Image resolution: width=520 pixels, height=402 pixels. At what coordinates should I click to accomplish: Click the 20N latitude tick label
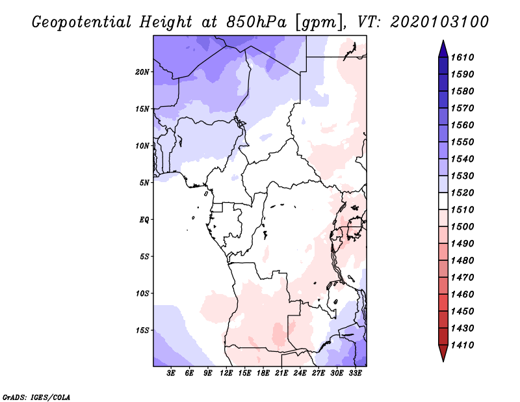click(x=143, y=72)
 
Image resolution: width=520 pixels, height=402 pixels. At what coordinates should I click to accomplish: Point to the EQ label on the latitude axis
click(x=145, y=219)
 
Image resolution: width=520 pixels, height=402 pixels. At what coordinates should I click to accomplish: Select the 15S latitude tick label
click(x=143, y=330)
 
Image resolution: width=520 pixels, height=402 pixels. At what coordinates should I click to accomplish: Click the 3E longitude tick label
click(x=171, y=373)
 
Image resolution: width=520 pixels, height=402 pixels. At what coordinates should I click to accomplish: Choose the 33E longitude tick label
click(x=356, y=373)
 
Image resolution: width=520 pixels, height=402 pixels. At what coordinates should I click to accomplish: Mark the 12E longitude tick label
click(x=226, y=373)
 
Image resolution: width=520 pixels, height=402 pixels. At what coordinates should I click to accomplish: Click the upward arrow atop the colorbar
click(x=443, y=47)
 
